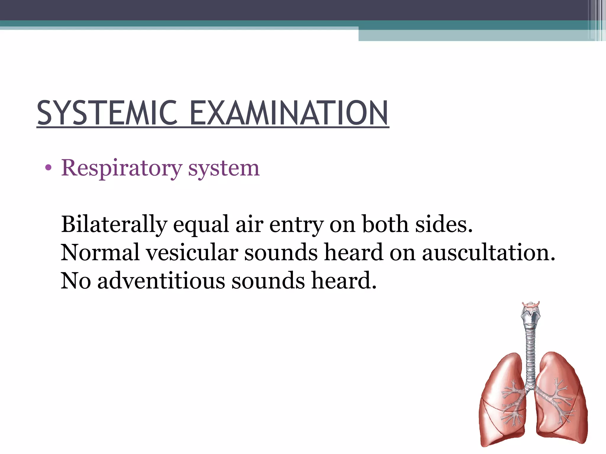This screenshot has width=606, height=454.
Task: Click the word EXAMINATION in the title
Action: coord(289,113)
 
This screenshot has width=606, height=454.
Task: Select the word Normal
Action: coord(100,252)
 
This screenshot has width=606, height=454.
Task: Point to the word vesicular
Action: coord(192,252)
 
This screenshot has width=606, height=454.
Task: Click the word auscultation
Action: coord(488,252)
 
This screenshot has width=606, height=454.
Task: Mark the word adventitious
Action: coord(161,280)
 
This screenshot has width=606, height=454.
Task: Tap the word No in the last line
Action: coord(76,280)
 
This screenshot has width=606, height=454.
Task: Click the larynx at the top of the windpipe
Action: coord(531,315)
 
